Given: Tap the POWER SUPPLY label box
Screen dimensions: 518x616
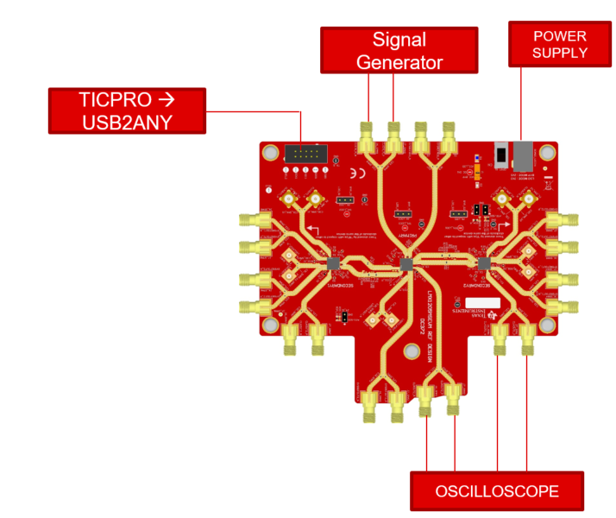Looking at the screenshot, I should [559, 45].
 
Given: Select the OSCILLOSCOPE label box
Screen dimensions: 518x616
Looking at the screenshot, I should [496, 491].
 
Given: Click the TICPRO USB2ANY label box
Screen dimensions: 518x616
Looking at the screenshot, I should [127, 110].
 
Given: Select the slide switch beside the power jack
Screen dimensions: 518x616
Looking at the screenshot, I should [500, 156].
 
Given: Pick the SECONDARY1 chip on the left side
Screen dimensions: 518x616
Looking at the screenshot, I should [333, 263].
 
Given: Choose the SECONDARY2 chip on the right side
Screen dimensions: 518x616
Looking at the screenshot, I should [483, 262].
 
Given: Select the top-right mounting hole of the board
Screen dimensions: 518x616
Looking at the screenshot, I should [547, 153].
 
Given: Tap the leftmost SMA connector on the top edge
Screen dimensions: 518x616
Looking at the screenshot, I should [367, 138].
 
